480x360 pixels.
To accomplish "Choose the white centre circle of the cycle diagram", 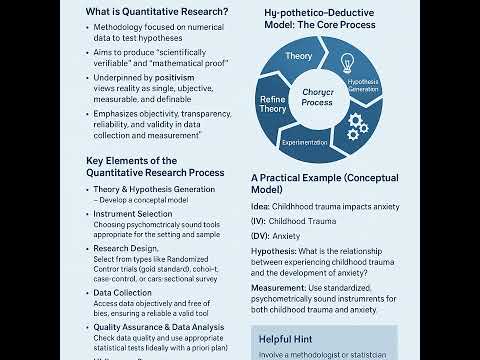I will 316,96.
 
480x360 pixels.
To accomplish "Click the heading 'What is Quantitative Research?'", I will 156,11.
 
